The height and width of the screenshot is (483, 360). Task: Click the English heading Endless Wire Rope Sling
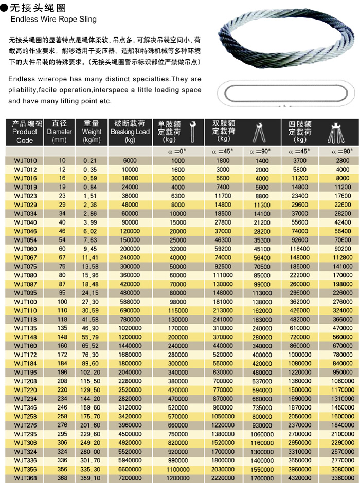[53, 20]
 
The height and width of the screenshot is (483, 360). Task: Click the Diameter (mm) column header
[60, 132]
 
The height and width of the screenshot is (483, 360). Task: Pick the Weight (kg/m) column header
[92, 132]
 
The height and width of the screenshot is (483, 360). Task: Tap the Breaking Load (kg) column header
[130, 132]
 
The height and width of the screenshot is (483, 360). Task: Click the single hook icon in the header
[193, 132]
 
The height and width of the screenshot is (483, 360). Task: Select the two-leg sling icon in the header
[259, 133]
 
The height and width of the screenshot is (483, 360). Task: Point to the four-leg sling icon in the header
[336, 133]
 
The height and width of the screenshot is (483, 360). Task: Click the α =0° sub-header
[178, 152]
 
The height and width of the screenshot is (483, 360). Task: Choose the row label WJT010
[25, 161]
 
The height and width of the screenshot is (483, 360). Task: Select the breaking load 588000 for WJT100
[130, 302]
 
